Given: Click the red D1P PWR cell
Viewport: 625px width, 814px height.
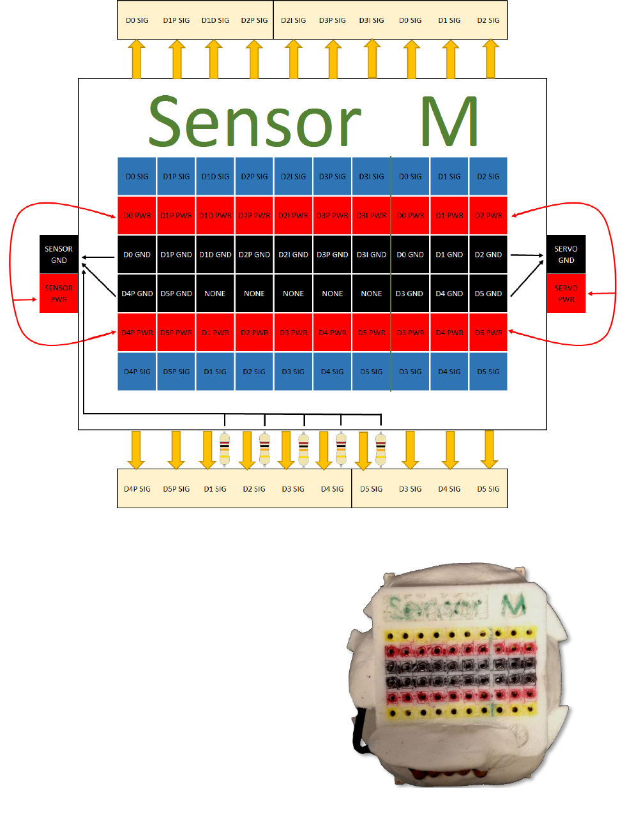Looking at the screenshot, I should pos(176,216).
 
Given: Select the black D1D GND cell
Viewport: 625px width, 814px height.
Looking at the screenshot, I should pos(215,255).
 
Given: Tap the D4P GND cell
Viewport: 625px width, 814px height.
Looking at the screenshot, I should pos(137,294).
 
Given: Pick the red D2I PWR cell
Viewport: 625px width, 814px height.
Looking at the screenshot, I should pos(294,216).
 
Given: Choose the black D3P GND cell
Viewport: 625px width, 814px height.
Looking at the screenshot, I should pos(333,255).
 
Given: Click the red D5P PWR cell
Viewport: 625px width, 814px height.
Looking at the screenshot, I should pos(176,333).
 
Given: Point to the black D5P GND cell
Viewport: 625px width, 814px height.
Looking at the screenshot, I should pos(176,294).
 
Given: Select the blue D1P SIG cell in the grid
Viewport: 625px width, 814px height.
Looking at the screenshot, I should pos(176,176).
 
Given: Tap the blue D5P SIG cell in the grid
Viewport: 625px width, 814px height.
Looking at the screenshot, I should pos(176,372).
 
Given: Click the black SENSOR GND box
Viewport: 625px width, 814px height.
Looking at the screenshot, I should pos(59,255).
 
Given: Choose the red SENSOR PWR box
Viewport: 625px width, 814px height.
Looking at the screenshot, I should pos(59,294).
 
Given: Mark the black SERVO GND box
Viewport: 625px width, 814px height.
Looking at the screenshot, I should pos(566,255).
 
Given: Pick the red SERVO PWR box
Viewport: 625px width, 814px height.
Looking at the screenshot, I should pos(566,294).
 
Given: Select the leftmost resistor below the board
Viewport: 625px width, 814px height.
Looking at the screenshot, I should pos(225,448).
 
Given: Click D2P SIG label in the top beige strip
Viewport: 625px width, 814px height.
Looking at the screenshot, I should pos(254,20).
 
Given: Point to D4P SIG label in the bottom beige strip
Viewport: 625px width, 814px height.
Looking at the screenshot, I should pos(137,489).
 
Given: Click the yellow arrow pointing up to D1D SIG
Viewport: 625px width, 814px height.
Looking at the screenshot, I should pos(215,59).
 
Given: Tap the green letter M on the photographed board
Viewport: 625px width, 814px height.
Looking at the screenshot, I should pos(513,605).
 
